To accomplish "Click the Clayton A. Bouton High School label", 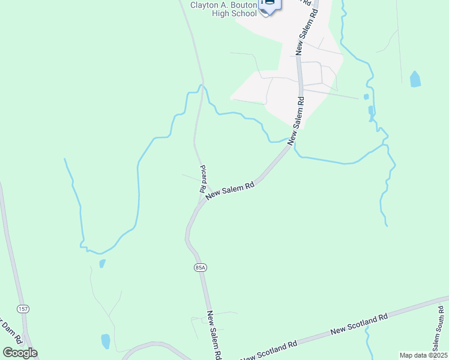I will click(224, 9).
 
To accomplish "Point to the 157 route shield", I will click(23, 308).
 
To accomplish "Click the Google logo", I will click(20, 353).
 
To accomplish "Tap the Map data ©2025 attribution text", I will click(423, 355).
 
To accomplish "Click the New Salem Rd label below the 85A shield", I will click(215, 335).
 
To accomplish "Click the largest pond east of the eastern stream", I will click(415, 79).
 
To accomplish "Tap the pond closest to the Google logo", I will click(106, 341).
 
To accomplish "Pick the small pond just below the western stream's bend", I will click(102, 263).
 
